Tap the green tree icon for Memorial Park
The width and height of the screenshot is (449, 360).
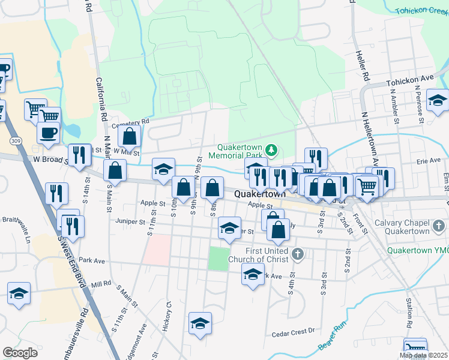pyautogui.click(x=271, y=149)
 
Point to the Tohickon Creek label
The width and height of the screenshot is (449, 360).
pyautogui.click(x=421, y=10)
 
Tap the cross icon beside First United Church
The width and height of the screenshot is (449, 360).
pyautogui.click(x=297, y=255)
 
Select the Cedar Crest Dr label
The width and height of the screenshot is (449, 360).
pyautogui.click(x=293, y=331)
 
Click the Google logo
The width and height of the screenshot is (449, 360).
pyautogui.click(x=20, y=353)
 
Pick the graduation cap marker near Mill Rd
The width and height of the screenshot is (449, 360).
pyautogui.click(x=19, y=293)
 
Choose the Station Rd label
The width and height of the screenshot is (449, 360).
pyautogui.click(x=409, y=318)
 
